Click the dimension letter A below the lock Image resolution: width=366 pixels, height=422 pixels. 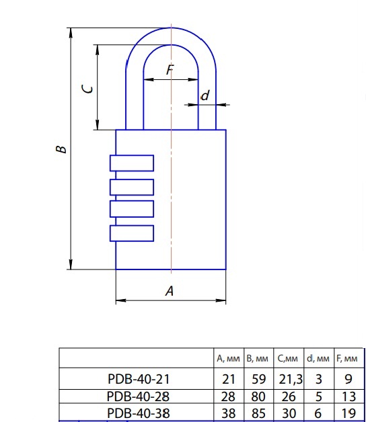tap(170, 291)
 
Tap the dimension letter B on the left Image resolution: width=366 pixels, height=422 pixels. tap(61, 149)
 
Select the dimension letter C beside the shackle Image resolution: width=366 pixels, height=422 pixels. tap(87, 89)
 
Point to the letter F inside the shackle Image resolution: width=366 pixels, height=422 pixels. tap(170, 70)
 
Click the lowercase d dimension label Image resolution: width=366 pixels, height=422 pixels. tap(205, 95)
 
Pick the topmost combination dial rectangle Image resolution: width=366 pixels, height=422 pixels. tap(132, 163)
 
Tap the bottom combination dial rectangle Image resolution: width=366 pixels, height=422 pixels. tap(132, 233)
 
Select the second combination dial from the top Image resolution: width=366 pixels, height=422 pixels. tap(132, 187)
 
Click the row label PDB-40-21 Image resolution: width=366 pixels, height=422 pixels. tap(139, 379)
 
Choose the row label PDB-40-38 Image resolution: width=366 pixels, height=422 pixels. tap(139, 413)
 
